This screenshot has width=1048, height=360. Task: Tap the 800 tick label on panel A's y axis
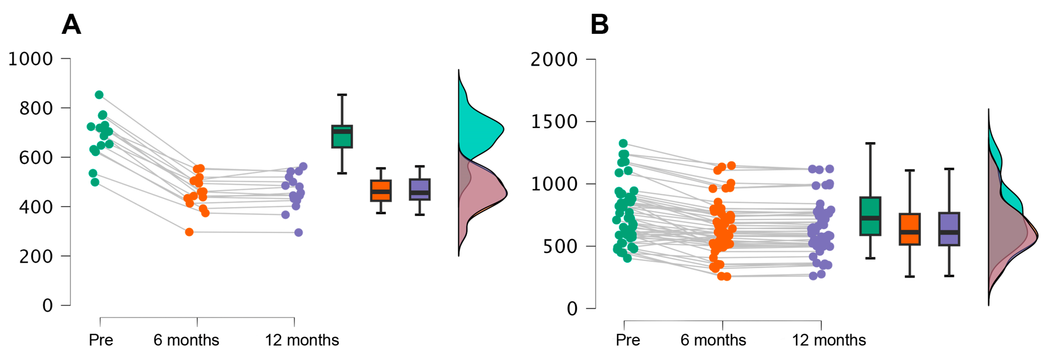[x=36, y=109]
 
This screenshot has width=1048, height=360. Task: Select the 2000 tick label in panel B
[x=554, y=60]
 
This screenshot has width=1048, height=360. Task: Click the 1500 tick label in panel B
[x=554, y=122]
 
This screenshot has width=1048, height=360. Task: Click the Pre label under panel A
[x=101, y=340]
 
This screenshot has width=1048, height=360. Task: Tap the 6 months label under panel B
[x=713, y=340]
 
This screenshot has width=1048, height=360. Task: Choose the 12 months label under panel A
[x=302, y=340]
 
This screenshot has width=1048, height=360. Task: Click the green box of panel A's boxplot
[x=342, y=137]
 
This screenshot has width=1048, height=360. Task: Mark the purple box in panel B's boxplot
[x=949, y=229]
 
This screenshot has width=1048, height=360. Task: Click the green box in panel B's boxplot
[x=870, y=216]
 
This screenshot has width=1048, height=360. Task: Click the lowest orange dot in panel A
[x=189, y=232]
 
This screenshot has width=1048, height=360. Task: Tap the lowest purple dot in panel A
[x=299, y=233]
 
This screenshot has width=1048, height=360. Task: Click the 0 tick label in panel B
[x=572, y=309]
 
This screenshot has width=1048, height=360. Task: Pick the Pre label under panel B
[x=628, y=340]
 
